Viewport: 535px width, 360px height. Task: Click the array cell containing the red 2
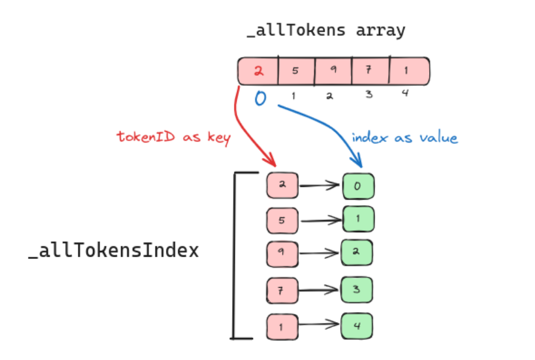tap(258, 71)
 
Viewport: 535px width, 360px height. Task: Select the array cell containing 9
tap(333, 71)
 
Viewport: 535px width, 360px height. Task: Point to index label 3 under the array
tap(369, 95)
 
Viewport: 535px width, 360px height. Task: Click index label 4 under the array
tap(405, 94)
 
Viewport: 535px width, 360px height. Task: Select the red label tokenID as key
tap(173, 137)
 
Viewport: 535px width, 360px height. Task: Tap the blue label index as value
tap(405, 138)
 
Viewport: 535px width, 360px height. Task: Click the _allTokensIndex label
tap(114, 250)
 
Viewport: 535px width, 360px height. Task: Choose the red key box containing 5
tap(282, 220)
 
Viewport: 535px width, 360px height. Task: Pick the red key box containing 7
tap(282, 289)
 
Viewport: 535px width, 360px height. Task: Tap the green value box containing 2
tap(357, 253)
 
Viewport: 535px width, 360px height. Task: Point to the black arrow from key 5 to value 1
tap(320, 220)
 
